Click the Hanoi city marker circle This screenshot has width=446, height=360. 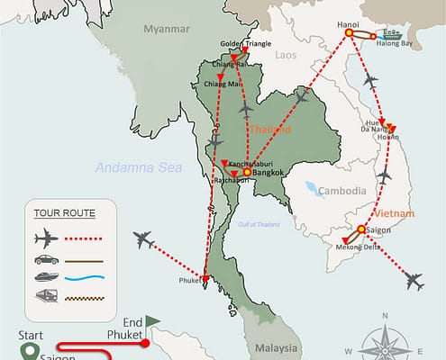[x=349, y=35]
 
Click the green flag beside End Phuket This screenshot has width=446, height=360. [x=152, y=319]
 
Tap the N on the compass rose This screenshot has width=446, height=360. [x=386, y=315]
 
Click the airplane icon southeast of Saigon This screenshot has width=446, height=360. [x=414, y=282]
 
